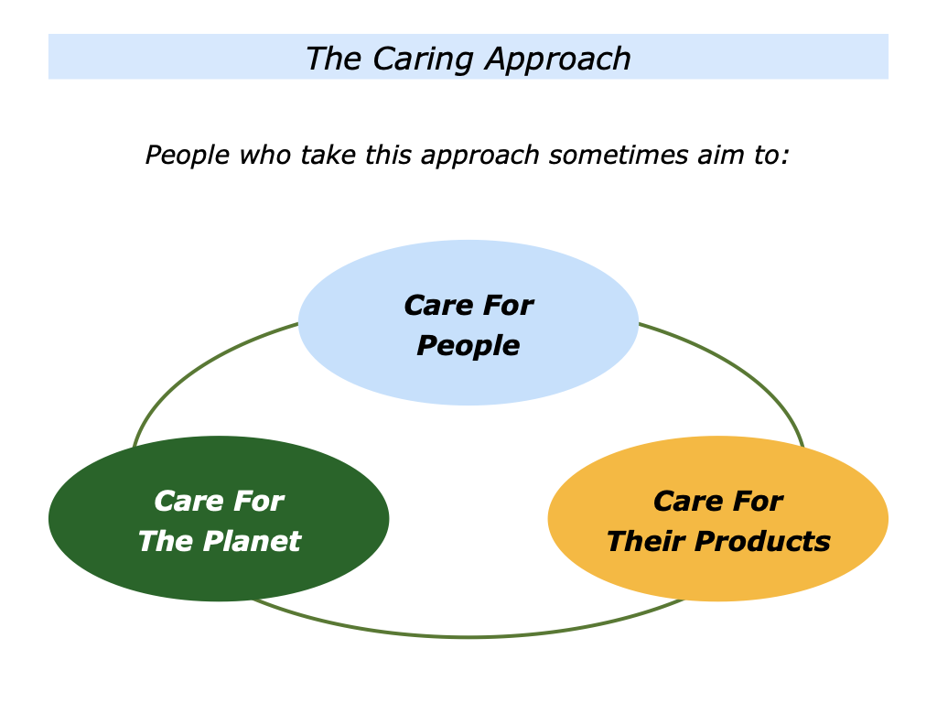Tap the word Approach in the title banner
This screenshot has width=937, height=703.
(x=558, y=59)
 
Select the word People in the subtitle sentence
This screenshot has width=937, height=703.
(x=188, y=155)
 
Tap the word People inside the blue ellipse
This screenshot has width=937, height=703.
(x=468, y=345)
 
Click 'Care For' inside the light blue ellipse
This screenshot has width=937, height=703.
(x=468, y=305)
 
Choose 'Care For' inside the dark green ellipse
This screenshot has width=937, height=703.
(x=219, y=501)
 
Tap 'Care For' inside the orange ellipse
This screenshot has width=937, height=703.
(x=718, y=501)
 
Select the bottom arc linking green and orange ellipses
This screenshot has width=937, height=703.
(x=468, y=636)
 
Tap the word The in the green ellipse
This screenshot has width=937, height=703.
(x=164, y=541)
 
